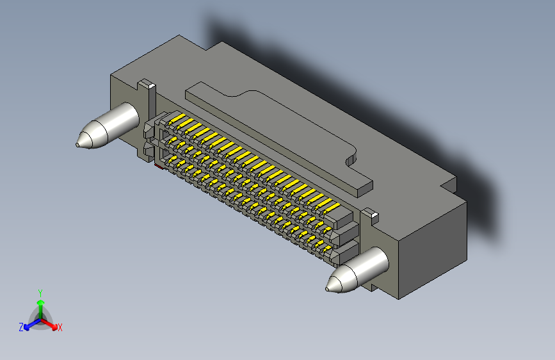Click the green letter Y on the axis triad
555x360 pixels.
click(40, 293)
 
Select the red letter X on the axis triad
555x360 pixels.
click(60, 328)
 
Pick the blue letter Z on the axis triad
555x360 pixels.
click(21, 327)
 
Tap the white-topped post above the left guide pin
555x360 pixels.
click(147, 84)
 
